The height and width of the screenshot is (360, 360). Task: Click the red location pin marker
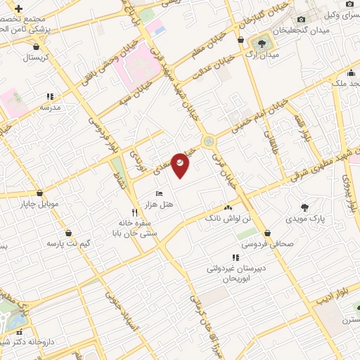[181, 165]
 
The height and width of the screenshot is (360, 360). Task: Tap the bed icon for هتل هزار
[160, 193]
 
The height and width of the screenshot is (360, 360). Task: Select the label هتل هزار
[160, 203]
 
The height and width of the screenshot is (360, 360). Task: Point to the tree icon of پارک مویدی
[304, 207]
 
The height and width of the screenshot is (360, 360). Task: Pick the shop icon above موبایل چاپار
[39, 192]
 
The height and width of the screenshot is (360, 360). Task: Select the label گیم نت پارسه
[69, 243]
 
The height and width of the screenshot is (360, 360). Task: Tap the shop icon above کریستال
[36, 47]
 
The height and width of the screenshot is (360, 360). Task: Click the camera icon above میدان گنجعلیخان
[301, 20]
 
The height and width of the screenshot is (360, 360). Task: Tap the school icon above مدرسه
[50, 96]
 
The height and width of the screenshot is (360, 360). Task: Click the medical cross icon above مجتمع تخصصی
[17, 8]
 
